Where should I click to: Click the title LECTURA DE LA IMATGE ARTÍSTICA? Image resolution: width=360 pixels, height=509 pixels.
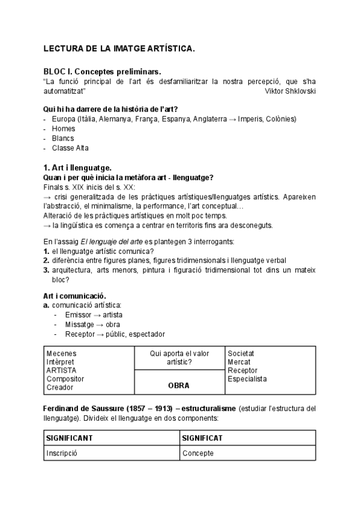(x=119, y=49)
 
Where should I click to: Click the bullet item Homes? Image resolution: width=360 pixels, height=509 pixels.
(x=64, y=128)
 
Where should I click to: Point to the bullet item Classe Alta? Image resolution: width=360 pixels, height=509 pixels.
(x=70, y=148)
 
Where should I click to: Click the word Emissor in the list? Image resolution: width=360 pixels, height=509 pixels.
(x=77, y=315)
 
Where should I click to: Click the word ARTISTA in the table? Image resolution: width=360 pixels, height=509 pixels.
(x=61, y=370)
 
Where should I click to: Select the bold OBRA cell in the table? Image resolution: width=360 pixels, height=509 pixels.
(x=179, y=385)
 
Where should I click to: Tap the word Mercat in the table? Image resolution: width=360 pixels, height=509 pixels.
(x=239, y=362)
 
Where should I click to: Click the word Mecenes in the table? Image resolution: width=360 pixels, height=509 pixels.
(x=61, y=354)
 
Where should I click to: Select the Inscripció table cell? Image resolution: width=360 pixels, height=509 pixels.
(x=62, y=453)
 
